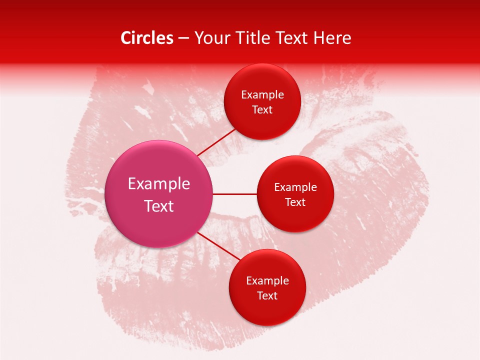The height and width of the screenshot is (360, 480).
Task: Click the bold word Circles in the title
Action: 147,38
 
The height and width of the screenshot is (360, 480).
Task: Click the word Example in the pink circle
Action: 159,184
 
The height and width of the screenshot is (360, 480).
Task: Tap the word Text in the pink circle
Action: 159,206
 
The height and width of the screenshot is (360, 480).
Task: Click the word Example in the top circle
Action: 262,95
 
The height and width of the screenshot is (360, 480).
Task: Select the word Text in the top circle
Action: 262,110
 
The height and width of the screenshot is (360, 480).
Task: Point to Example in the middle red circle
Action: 295,187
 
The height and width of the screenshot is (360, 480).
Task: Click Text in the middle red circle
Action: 295,202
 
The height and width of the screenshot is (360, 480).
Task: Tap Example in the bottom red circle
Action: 267,281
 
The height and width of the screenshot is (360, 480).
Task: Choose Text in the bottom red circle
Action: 267,296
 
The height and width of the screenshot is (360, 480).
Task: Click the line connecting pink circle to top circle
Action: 216,142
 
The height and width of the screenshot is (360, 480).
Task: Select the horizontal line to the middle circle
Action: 234,194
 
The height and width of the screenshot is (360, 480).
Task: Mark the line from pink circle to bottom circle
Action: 218,246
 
